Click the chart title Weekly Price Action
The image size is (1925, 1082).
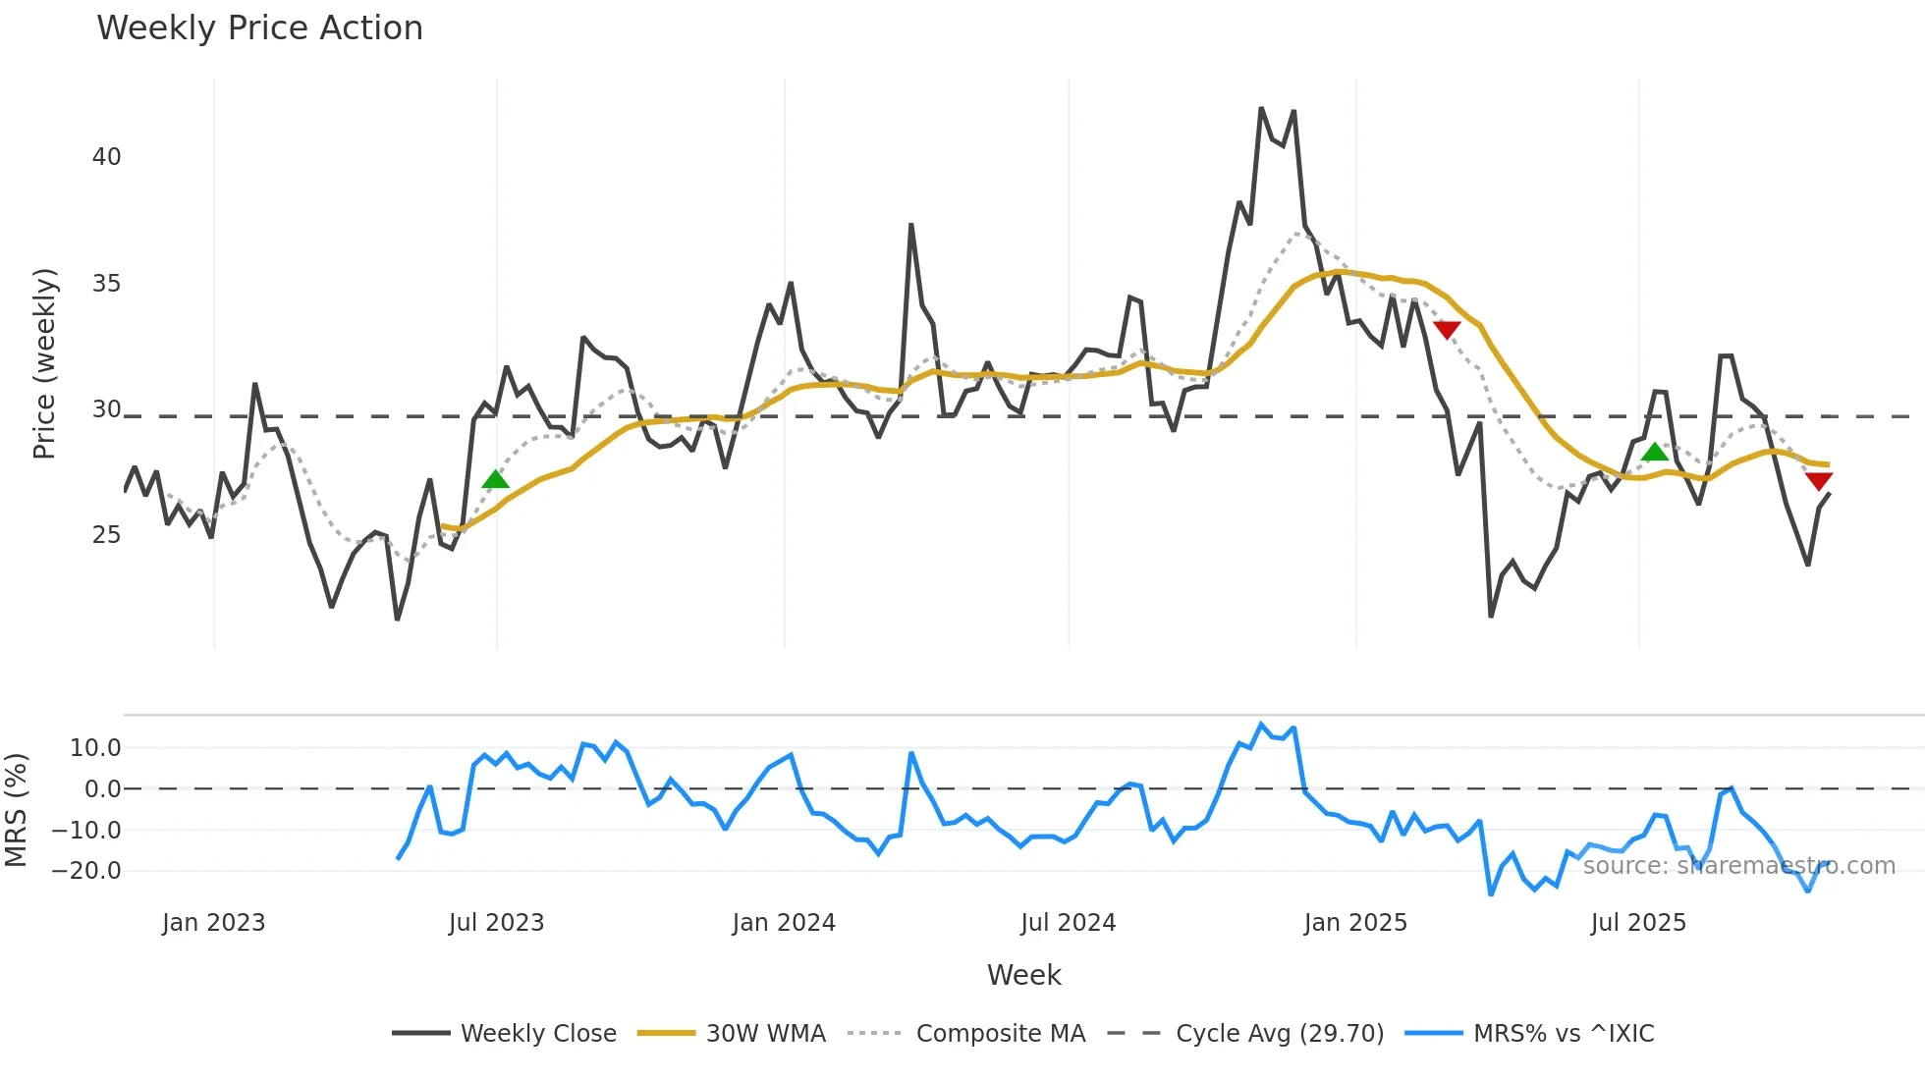click(x=259, y=28)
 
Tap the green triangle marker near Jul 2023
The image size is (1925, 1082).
click(x=496, y=479)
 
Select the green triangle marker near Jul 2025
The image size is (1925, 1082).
click(x=1655, y=452)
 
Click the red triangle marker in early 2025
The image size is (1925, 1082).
click(x=1447, y=329)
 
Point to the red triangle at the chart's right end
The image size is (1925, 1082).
click(x=1819, y=481)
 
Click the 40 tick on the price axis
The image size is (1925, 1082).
click(x=106, y=157)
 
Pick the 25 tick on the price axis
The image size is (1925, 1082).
click(x=106, y=535)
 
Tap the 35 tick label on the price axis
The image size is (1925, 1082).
click(x=106, y=284)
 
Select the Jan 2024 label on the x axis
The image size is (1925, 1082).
click(x=784, y=923)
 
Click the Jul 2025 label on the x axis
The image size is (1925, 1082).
click(x=1638, y=923)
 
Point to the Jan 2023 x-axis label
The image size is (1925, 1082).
click(x=213, y=923)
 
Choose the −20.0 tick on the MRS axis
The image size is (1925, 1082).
click(x=86, y=871)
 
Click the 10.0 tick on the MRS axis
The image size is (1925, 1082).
click(x=95, y=748)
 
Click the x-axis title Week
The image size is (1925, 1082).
click(x=1023, y=975)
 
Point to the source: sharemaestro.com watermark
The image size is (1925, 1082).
click(x=1738, y=866)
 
